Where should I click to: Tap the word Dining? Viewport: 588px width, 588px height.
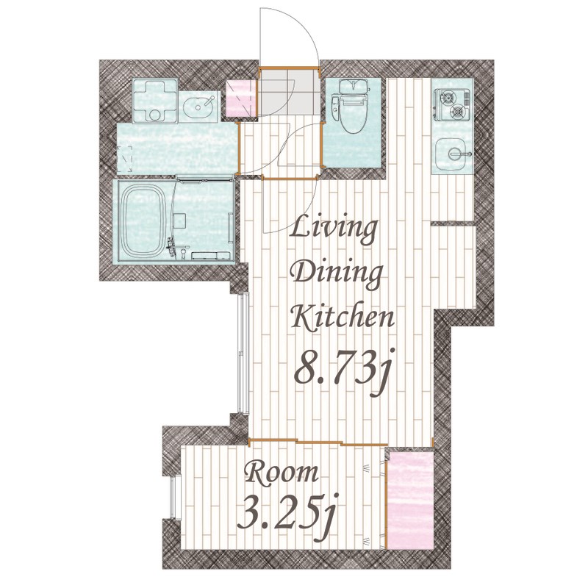point(337,273)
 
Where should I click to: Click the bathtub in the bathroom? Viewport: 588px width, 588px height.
point(144,221)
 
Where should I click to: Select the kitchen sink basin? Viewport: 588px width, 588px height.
point(451,154)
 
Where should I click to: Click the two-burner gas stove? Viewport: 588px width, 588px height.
point(452,105)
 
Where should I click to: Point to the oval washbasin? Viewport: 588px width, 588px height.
point(198,106)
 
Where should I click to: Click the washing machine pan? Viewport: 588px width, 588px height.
point(155,101)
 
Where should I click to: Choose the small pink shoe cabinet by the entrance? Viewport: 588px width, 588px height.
point(241,98)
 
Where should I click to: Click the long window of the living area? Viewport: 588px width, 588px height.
point(245,354)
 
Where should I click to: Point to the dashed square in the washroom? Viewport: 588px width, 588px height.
point(124,159)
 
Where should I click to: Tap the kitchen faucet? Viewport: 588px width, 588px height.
point(459,154)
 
